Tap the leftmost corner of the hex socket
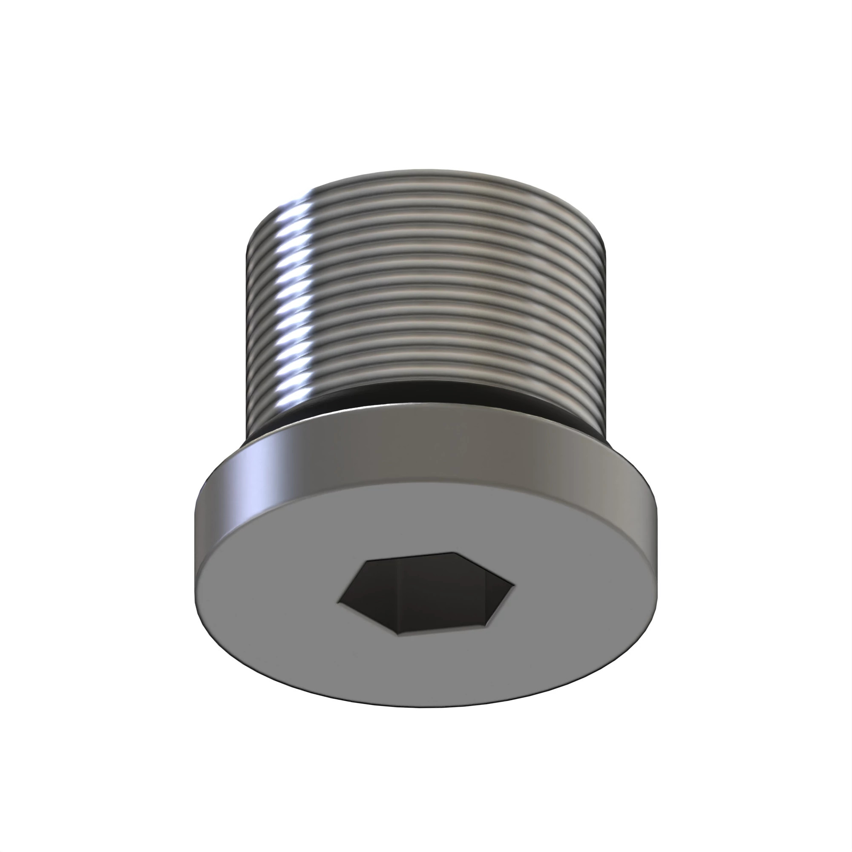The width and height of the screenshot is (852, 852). [x=339, y=601]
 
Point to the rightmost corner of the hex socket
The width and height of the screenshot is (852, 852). [x=514, y=586]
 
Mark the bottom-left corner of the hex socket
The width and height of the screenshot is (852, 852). [x=398, y=634]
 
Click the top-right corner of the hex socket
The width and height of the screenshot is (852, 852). [x=454, y=553]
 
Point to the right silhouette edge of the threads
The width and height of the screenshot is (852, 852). [x=605, y=300]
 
